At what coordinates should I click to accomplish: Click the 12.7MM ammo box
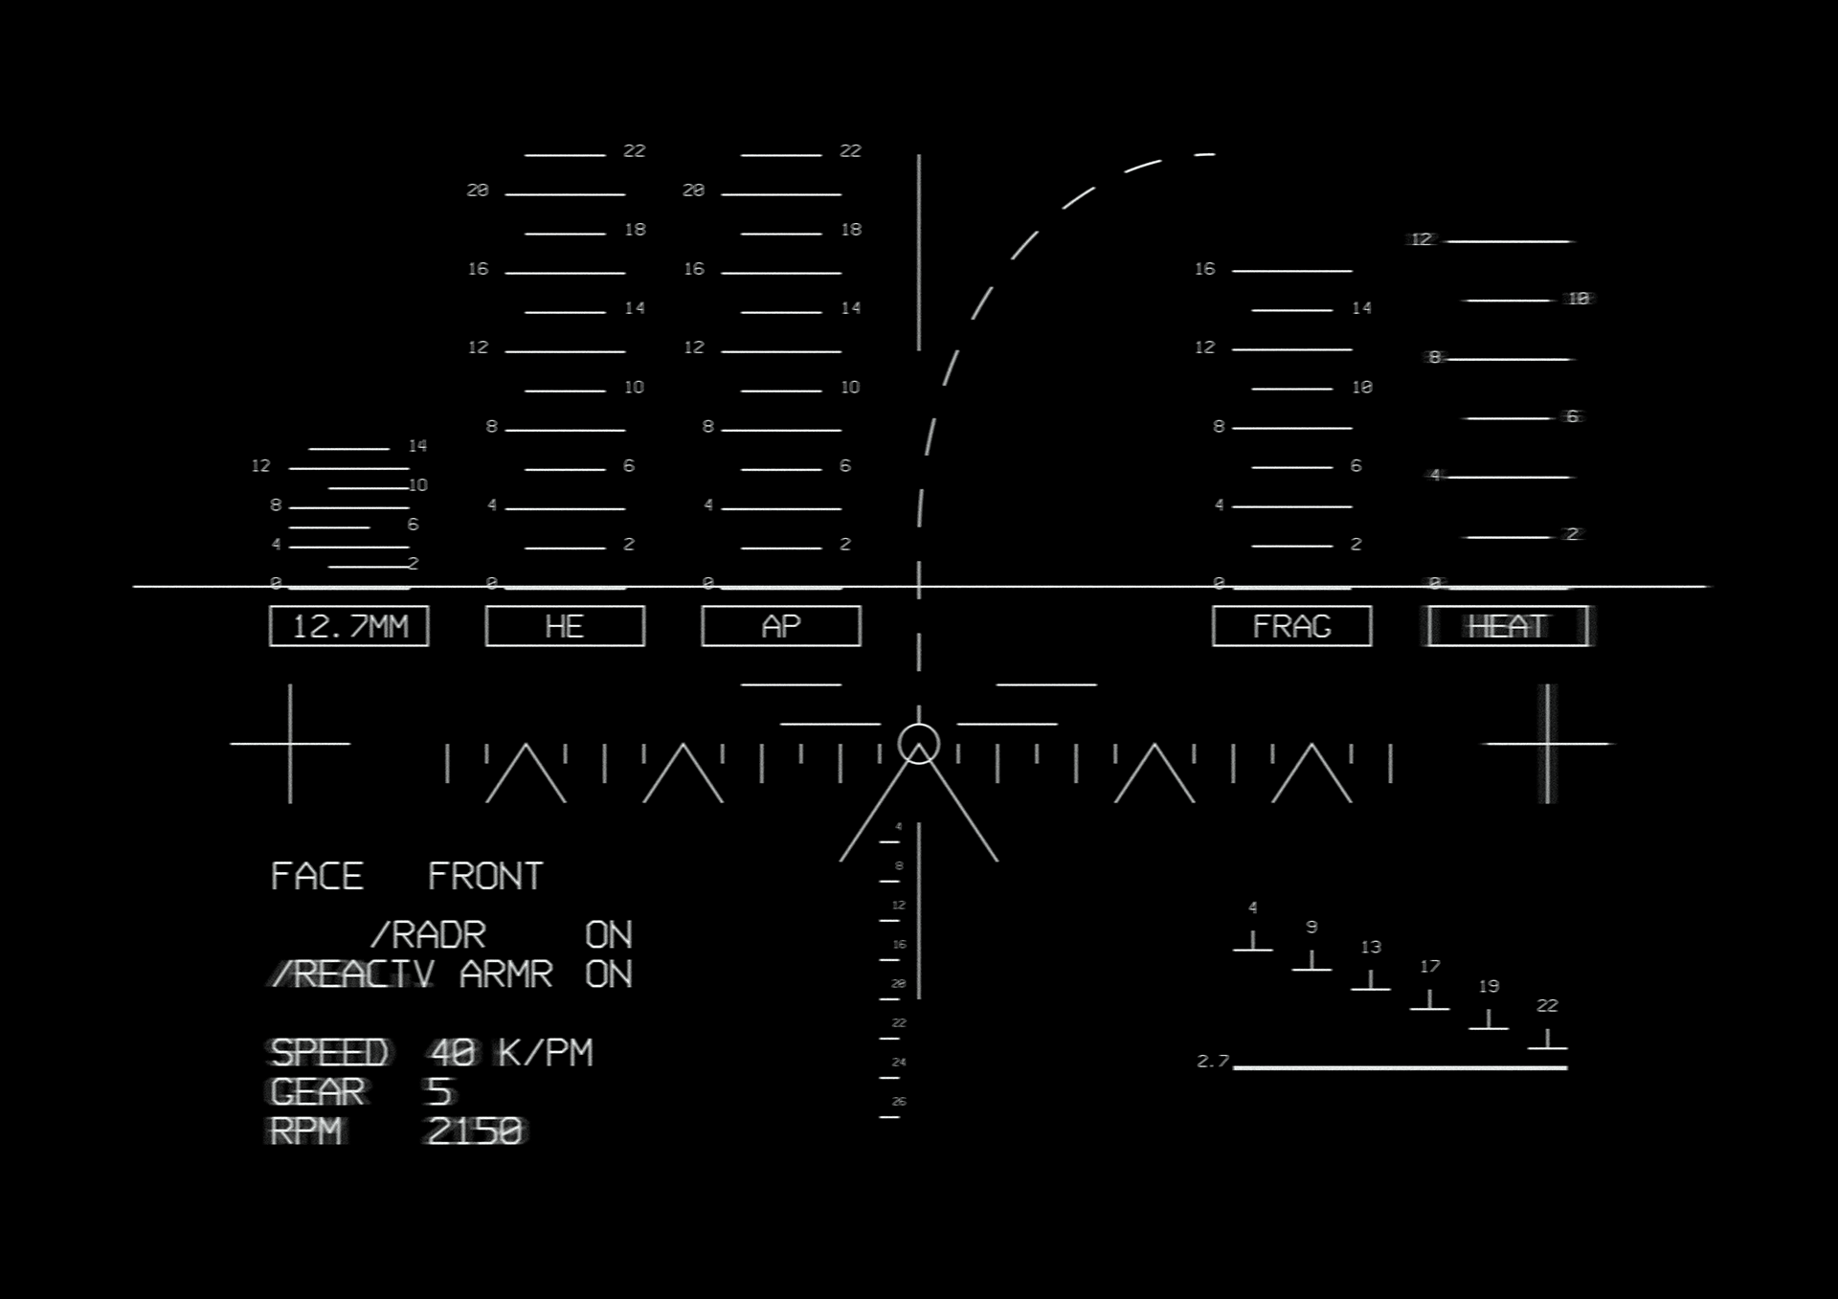[349, 626]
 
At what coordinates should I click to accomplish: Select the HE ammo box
[565, 626]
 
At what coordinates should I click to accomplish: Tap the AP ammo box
[781, 626]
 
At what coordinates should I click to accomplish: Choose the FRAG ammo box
[1291, 626]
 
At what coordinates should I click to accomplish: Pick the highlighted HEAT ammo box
[1508, 626]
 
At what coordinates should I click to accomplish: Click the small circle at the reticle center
[919, 744]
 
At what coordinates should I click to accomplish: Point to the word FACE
[317, 876]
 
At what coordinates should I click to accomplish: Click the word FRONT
[485, 876]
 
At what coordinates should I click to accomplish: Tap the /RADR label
[428, 934]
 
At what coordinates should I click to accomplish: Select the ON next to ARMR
[609, 974]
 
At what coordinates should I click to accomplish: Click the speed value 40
[453, 1053]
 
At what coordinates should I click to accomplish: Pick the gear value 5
[438, 1092]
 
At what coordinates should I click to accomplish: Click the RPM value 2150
[475, 1131]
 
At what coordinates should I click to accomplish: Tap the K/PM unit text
[546, 1053]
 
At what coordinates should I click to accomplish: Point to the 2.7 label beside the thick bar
[1212, 1061]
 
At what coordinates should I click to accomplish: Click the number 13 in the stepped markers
[1371, 947]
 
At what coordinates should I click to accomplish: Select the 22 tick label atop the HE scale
[635, 151]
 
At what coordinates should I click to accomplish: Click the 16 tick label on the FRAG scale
[1204, 269]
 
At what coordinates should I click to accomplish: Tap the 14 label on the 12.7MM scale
[417, 446]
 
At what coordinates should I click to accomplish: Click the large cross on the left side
[290, 744]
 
